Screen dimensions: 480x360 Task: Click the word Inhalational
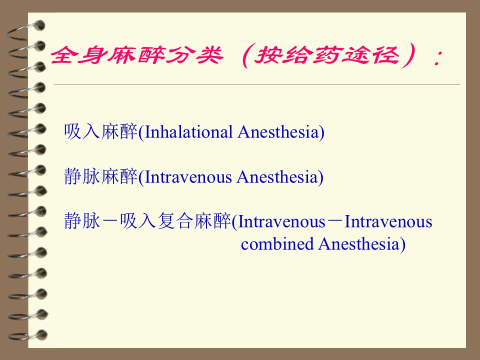tap(188, 132)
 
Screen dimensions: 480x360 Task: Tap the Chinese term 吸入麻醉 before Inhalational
tap(100, 131)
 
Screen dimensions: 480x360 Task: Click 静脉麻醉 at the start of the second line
tap(100, 176)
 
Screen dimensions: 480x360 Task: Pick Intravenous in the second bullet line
tap(188, 177)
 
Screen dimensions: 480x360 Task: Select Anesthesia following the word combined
tap(359, 244)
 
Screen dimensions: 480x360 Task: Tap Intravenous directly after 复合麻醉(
tap(281, 221)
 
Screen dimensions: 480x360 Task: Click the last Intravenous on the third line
tap(388, 221)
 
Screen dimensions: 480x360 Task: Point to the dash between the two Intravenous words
tap(335, 222)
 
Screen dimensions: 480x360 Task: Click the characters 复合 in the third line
tap(175, 221)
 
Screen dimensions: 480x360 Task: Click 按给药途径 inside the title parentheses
tap(327, 55)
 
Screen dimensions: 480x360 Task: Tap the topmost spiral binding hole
tap(39, 25)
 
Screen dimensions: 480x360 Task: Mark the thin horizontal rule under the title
tap(257, 84)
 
